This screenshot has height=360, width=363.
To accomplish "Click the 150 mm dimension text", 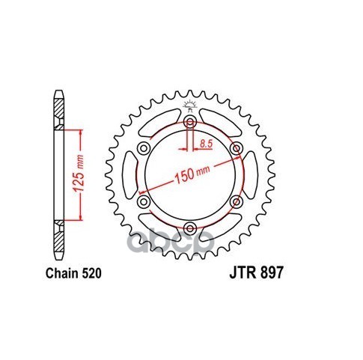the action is (x=192, y=173).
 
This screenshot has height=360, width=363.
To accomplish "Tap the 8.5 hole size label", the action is (x=206, y=144).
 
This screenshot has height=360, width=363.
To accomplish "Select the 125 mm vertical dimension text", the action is (x=80, y=174).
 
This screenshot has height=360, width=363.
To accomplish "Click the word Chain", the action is (x=61, y=273).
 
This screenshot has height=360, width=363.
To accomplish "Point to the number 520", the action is (x=91, y=273).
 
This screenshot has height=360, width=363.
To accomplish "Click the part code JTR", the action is (x=242, y=272).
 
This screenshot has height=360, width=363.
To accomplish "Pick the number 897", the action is (x=272, y=272).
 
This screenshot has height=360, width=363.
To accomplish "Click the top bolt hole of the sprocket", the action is (x=190, y=122).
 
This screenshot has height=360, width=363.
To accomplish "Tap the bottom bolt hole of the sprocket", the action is (x=190, y=228).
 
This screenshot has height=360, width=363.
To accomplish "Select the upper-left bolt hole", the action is (x=144, y=149).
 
